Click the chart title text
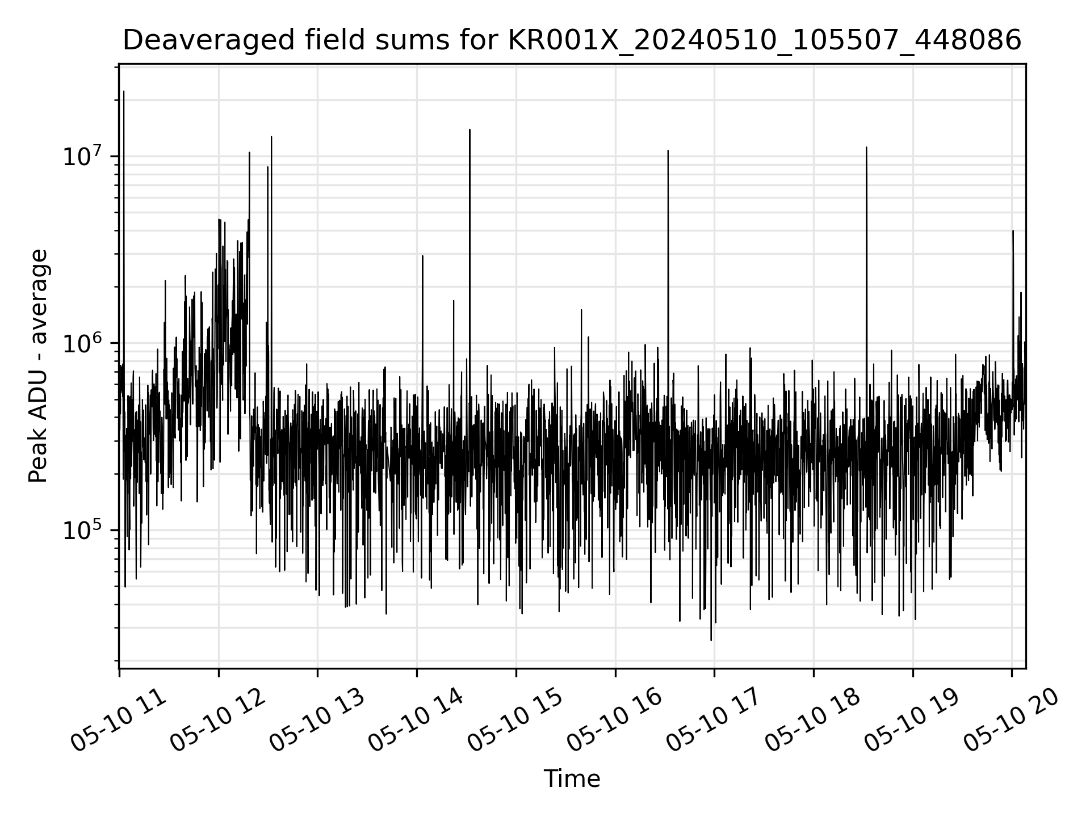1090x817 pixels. [x=572, y=41]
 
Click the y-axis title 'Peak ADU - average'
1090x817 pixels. [x=38, y=366]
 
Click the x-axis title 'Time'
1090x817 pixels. [x=572, y=779]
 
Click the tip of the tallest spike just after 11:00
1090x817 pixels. [x=124, y=91]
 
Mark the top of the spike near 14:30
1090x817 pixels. [x=469, y=130]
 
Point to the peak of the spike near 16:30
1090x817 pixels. [x=668, y=151]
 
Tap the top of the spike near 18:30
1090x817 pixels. [x=866, y=148]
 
